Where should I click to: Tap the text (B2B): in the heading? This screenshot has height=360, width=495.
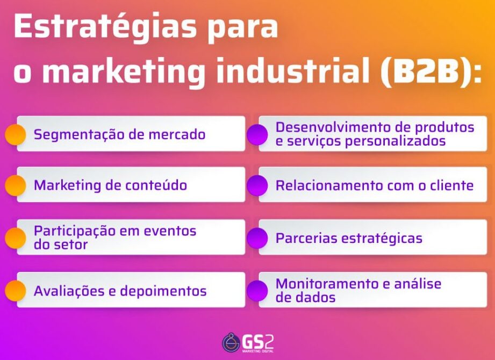coord(432,73)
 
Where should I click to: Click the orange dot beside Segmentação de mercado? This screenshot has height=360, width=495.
coord(15,134)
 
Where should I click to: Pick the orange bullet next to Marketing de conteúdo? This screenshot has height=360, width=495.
coord(15,185)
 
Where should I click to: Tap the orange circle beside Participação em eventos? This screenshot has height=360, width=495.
coord(15,238)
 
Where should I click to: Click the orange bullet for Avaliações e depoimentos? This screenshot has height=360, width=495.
coord(15,291)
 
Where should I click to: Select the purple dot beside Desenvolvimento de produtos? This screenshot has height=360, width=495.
coord(257,134)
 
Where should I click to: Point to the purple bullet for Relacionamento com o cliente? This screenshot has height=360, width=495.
coord(257,185)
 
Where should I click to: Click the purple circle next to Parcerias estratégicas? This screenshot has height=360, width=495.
coord(257,238)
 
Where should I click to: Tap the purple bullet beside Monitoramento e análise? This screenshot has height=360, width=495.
coord(257,291)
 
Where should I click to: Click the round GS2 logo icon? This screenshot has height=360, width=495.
coord(231,343)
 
